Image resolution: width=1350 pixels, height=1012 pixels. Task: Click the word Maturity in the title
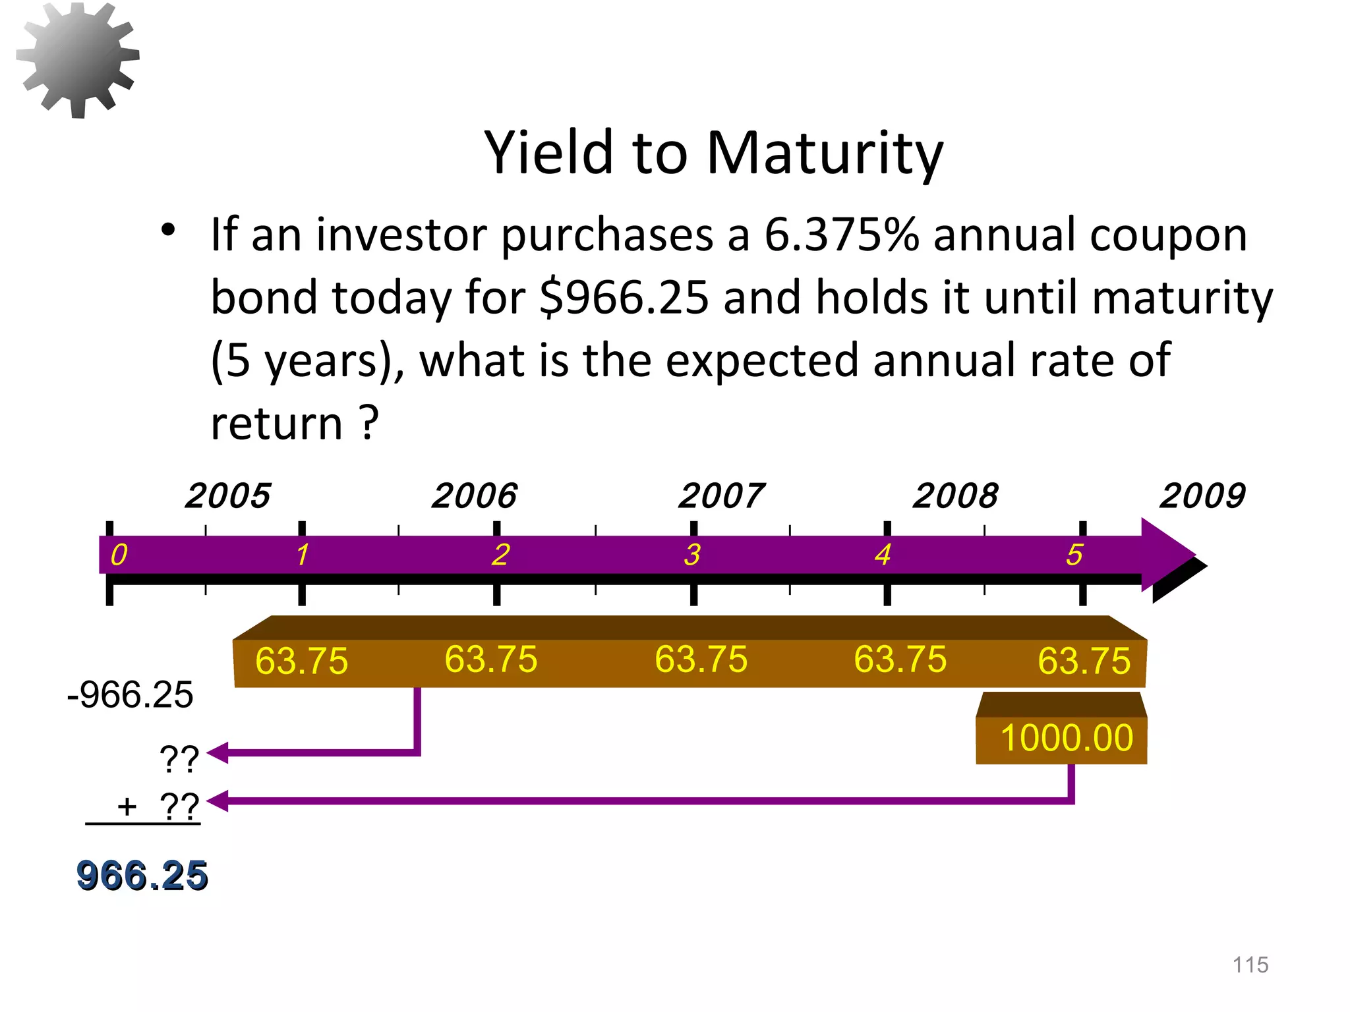tap(825, 153)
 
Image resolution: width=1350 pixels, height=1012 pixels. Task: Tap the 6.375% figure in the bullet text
tap(841, 235)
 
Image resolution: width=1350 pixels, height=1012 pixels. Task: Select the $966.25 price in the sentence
tap(624, 297)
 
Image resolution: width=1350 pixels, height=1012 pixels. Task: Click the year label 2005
tap(227, 495)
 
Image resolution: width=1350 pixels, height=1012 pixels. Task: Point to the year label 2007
tap(721, 495)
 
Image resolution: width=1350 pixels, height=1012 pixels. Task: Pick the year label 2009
tap(1202, 495)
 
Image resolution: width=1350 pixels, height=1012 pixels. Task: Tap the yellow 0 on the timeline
tap(119, 555)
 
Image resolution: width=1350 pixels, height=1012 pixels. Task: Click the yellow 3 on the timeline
tap(692, 555)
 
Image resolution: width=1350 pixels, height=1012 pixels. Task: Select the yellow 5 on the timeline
tap(1074, 555)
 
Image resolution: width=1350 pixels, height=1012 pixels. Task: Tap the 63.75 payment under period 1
tap(301, 661)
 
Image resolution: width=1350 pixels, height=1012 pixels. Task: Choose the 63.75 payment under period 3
tap(701, 660)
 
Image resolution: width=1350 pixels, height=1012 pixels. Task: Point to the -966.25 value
tap(131, 695)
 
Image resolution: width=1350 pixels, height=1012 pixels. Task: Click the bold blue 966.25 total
tap(142, 876)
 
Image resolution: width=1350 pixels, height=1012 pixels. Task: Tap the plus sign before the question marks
tap(127, 806)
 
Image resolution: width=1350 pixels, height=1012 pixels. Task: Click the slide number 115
tap(1250, 965)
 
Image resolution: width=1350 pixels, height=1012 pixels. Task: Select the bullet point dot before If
tap(168, 230)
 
